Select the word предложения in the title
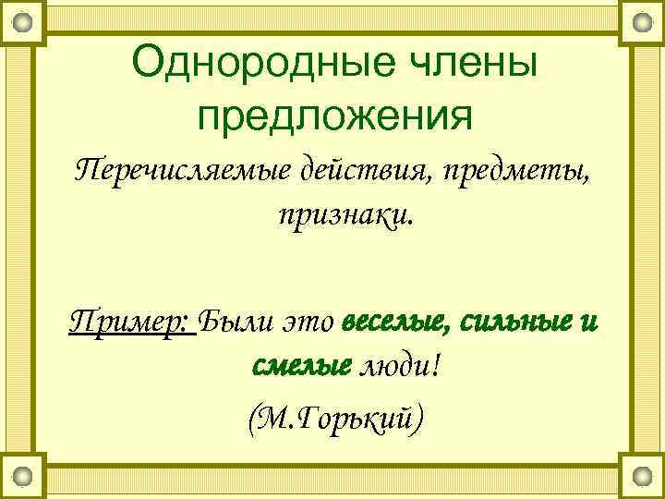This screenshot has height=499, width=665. (334, 115)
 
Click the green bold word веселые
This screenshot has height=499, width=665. (396, 323)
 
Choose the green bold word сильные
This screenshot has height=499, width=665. (517, 323)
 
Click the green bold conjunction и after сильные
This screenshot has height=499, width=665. (591, 323)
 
